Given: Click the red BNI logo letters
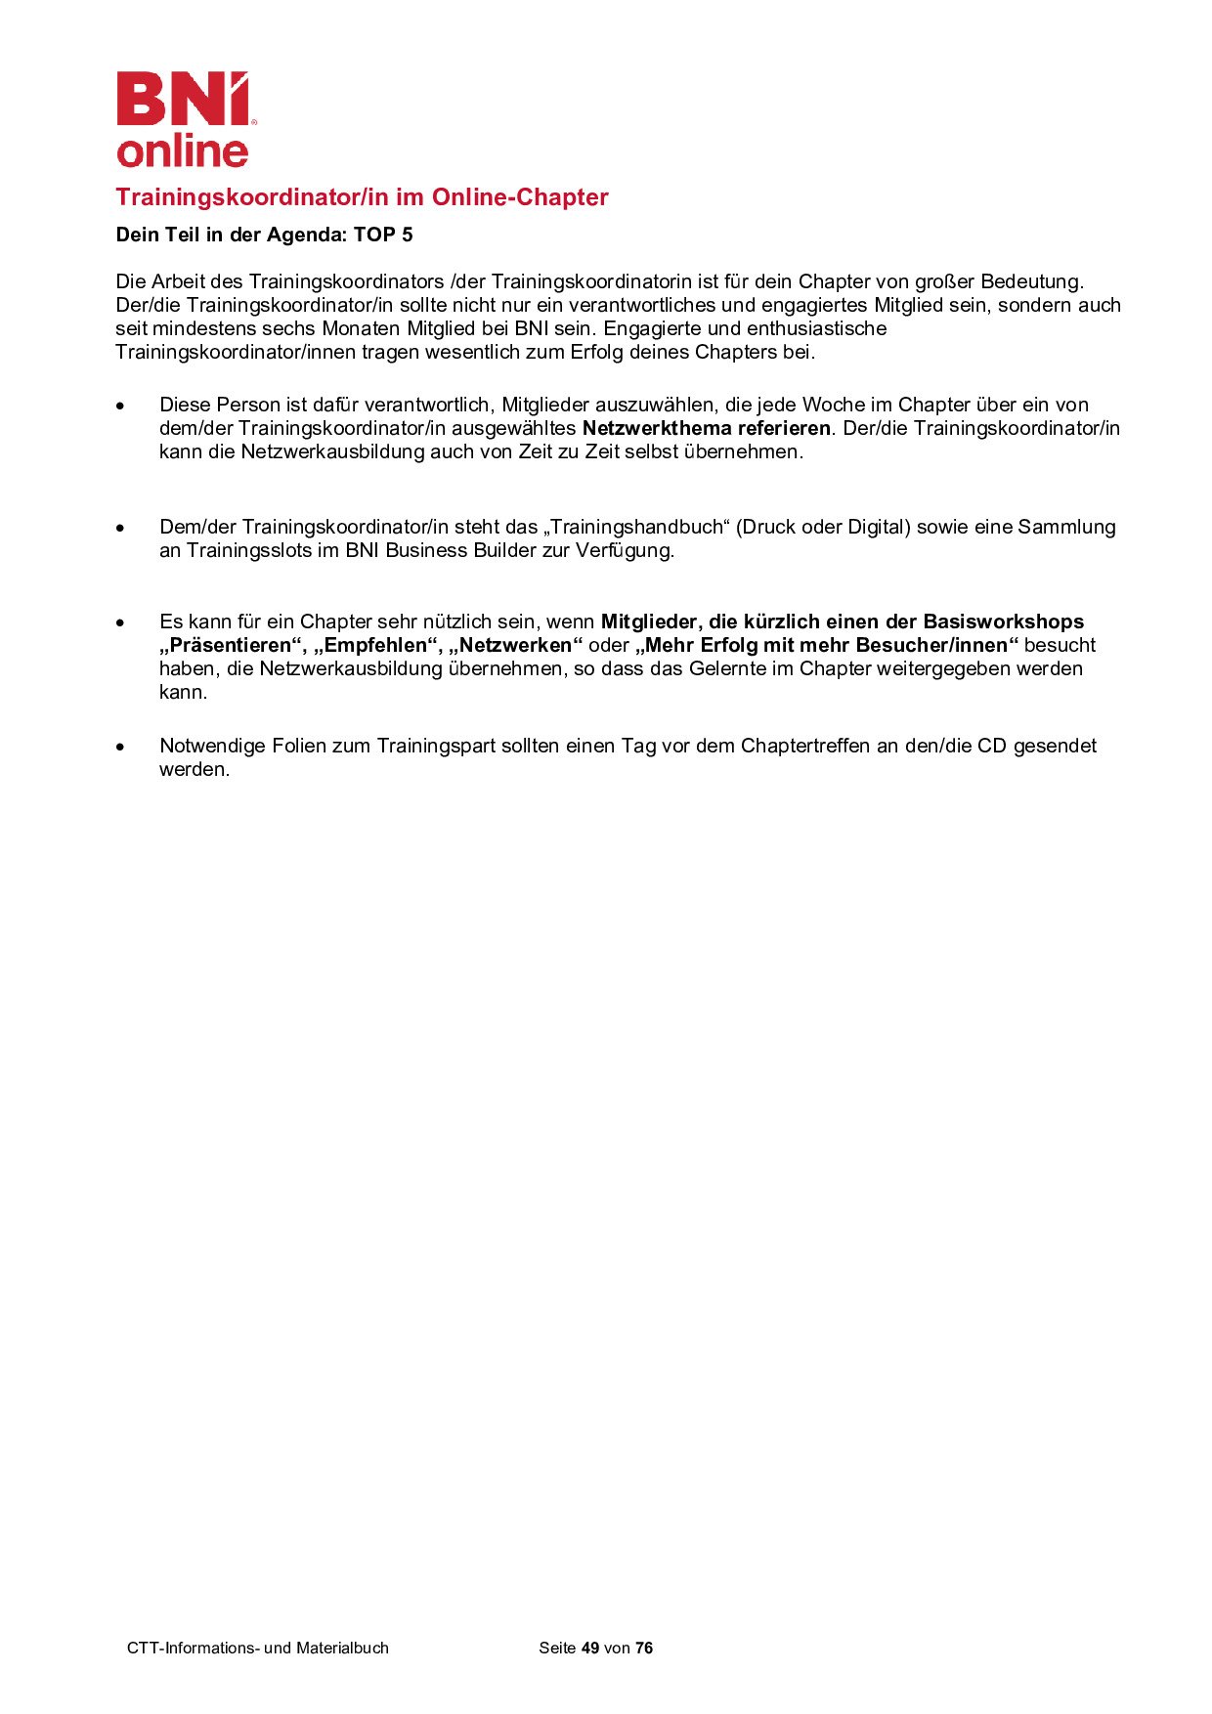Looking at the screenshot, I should point(182,99).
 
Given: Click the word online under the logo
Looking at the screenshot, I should point(183,151).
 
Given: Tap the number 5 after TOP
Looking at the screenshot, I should point(407,236).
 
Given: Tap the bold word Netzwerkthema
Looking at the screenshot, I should point(657,429).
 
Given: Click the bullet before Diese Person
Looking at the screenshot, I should point(121,406).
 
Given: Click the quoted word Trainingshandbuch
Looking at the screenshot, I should point(636,528).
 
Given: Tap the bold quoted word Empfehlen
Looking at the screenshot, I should point(376,646).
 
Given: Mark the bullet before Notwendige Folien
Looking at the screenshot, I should point(121,747).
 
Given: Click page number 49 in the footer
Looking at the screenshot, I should point(589,1649).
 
